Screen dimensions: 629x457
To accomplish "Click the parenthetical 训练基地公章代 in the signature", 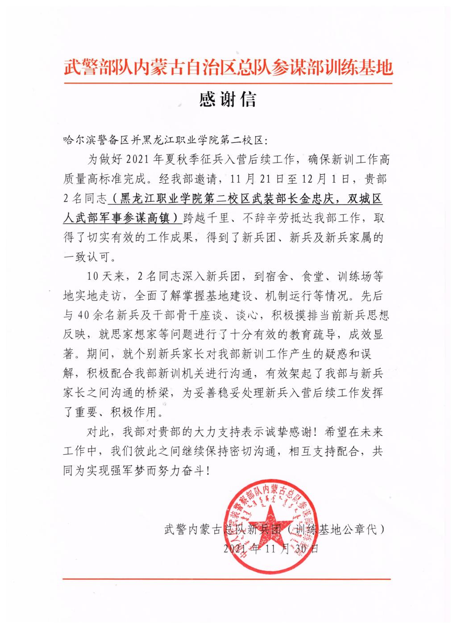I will pyautogui.click(x=336, y=530).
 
